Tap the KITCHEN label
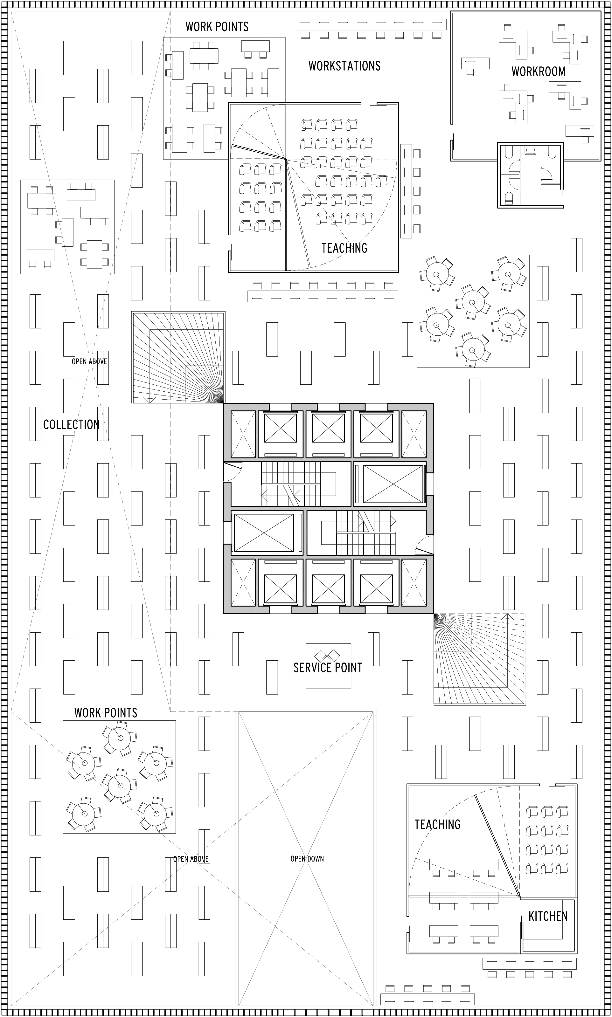(548, 916)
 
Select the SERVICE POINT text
(328, 668)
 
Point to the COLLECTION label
(71, 424)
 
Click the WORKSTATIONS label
(344, 65)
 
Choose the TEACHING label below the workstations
(344, 248)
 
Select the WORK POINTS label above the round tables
(106, 712)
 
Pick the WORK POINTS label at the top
(217, 26)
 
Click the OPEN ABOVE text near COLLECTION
(89, 361)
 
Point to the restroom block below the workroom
(530, 175)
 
